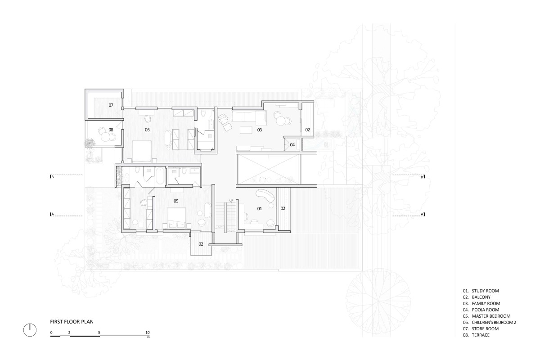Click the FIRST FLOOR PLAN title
[x=72, y=322]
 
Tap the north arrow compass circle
[x=30, y=330]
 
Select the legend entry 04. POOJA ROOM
[x=481, y=310]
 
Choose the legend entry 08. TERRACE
[x=476, y=335]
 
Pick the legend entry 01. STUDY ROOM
[x=481, y=291]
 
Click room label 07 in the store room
[x=111, y=105]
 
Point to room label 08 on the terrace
[x=111, y=130]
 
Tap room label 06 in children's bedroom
[x=147, y=130]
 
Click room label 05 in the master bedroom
[x=176, y=201]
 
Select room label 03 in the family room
[x=259, y=130]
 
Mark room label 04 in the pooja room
[x=292, y=145]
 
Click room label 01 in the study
[x=259, y=208]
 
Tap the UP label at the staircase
[x=231, y=200]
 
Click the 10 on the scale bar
[x=148, y=332]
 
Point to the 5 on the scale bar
[x=99, y=333]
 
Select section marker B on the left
[x=52, y=177]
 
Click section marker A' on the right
[x=423, y=214]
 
